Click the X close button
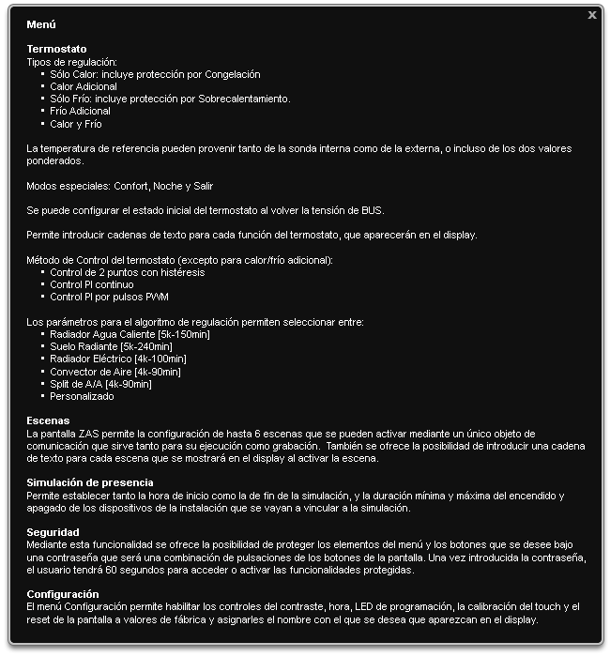click(591, 15)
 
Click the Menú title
click(41, 24)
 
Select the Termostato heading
click(56, 49)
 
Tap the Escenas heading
click(48, 421)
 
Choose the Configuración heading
click(63, 594)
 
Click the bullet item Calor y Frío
click(76, 124)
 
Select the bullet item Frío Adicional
click(80, 111)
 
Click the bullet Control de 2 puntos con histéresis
click(127, 273)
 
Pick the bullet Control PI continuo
click(92, 284)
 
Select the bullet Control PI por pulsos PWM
click(109, 297)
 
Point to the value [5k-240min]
click(151, 346)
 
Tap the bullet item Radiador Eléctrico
click(93, 359)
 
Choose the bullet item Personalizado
click(82, 396)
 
